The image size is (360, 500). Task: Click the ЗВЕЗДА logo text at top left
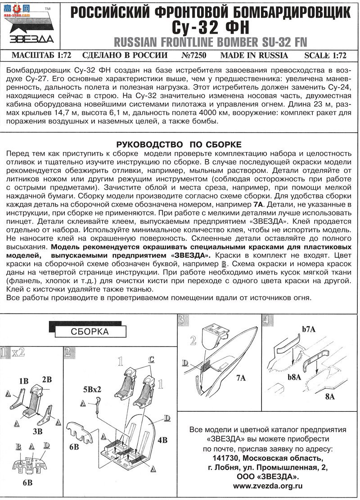pos(28,38)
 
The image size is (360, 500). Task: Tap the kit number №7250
pos(194,55)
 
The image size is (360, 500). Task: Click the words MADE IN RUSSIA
pos(254,55)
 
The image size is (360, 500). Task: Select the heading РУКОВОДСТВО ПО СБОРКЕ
pos(179,144)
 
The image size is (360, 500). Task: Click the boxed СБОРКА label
pos(90,332)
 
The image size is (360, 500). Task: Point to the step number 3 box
pos(182,320)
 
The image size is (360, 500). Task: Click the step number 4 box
pos(267,320)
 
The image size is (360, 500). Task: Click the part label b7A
pos(309,329)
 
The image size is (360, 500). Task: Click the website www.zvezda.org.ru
pos(268,486)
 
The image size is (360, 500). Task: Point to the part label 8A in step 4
pos(330,396)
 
